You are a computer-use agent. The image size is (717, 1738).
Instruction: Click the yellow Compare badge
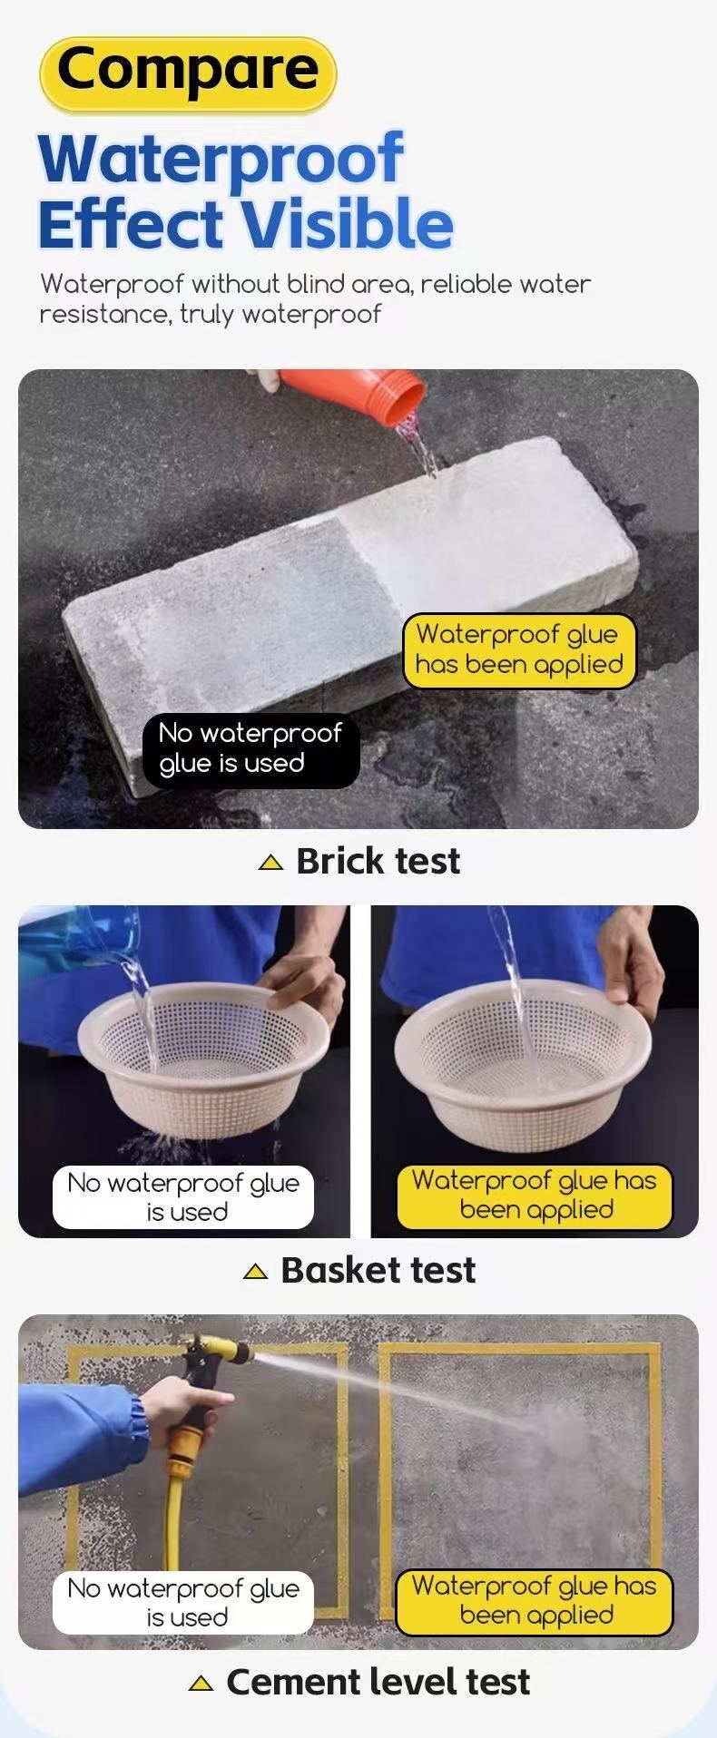tap(188, 74)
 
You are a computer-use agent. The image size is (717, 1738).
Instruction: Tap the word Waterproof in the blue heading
tap(221, 159)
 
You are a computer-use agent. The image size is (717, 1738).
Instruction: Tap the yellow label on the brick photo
tap(519, 650)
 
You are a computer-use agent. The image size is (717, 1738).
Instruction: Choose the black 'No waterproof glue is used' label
tap(250, 749)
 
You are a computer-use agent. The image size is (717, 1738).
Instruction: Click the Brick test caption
tap(378, 862)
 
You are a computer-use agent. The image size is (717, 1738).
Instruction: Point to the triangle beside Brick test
tap(270, 863)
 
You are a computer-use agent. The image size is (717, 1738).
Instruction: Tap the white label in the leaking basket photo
tap(183, 1197)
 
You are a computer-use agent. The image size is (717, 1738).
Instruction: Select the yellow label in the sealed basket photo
tap(535, 1196)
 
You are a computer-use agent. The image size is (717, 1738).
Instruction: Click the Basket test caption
tap(378, 1271)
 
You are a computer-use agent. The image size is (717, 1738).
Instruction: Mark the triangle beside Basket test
tap(256, 1272)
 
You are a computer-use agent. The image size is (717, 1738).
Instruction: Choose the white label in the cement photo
tap(183, 1603)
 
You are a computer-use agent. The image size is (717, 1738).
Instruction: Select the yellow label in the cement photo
tap(535, 1601)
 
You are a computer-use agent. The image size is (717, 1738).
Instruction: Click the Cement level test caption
tap(378, 1683)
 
